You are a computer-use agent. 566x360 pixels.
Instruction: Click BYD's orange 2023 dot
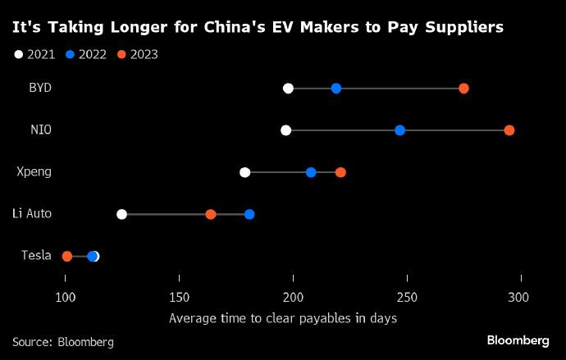(463, 89)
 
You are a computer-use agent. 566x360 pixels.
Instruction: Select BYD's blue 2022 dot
(336, 89)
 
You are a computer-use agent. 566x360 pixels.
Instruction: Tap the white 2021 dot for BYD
(288, 89)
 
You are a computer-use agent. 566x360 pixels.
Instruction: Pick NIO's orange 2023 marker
(509, 130)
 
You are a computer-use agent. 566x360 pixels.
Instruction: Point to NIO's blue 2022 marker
(399, 130)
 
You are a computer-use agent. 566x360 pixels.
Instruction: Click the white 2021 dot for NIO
(285, 130)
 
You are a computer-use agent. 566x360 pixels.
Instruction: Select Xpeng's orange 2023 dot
(340, 172)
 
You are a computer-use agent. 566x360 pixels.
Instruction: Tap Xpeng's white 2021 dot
(244, 172)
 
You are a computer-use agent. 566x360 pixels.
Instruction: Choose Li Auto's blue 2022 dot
(249, 214)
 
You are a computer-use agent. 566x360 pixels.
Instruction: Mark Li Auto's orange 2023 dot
(211, 214)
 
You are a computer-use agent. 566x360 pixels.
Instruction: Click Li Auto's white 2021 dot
(121, 214)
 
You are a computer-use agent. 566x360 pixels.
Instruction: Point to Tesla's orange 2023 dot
(67, 257)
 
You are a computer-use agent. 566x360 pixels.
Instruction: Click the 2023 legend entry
(137, 55)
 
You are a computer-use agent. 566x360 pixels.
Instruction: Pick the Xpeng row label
(34, 171)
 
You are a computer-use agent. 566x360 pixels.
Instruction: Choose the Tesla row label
(36, 256)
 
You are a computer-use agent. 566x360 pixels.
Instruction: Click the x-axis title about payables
(283, 318)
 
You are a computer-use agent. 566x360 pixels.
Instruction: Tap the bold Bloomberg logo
(518, 340)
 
